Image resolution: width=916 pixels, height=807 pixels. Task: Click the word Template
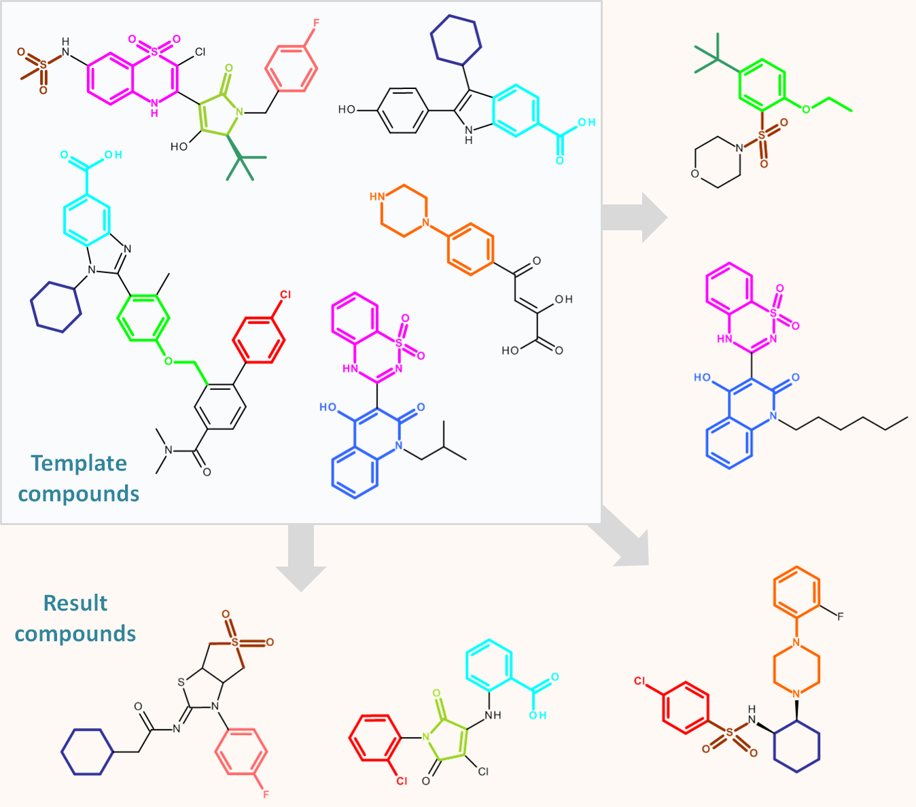[x=79, y=464]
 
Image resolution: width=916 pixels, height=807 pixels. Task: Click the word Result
[x=75, y=603]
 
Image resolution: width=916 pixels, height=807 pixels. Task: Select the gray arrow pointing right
[x=635, y=217]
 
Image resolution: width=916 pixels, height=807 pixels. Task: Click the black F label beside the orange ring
[x=840, y=617]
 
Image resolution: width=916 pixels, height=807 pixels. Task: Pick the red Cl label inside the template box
[x=285, y=295]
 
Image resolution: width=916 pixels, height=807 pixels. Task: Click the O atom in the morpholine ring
[x=695, y=174]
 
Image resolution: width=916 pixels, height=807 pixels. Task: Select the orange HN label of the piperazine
[x=376, y=197]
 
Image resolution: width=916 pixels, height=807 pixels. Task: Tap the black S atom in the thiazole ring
[x=181, y=682]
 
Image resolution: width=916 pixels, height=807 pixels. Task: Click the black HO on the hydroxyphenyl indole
[x=347, y=109]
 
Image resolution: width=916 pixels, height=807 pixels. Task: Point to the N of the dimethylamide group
[x=169, y=450]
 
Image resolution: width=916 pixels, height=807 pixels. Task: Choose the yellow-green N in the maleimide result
[x=425, y=737]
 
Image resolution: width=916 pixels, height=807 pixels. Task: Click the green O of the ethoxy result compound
[x=806, y=109]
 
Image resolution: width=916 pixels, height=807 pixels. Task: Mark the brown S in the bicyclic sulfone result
[x=234, y=642]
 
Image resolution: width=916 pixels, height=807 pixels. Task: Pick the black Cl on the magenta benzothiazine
[x=200, y=52]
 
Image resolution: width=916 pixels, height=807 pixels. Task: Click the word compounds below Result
[x=75, y=634]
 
